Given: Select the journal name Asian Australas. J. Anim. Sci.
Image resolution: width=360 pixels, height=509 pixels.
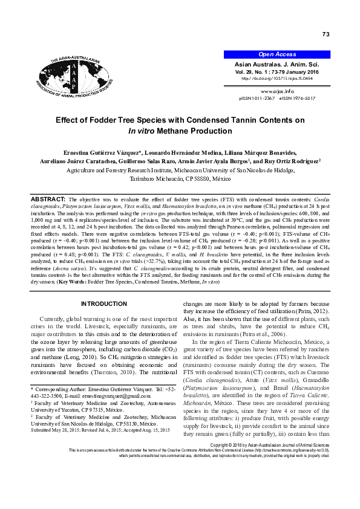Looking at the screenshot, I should click(284, 64).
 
